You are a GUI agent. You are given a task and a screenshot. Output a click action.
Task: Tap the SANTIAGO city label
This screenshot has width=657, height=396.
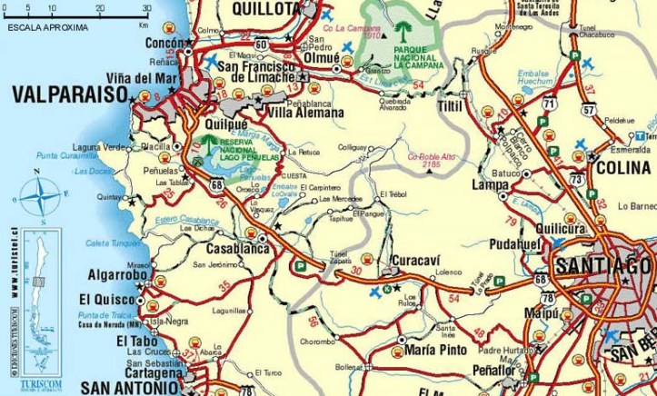[602, 267]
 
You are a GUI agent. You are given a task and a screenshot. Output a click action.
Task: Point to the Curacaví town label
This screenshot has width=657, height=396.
[414, 261]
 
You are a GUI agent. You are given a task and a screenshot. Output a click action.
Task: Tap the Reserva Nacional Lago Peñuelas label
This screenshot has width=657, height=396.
[238, 152]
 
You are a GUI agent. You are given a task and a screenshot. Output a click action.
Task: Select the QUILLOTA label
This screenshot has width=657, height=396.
[264, 9]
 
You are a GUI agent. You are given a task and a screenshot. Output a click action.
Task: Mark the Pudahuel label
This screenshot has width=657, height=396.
[515, 245]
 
